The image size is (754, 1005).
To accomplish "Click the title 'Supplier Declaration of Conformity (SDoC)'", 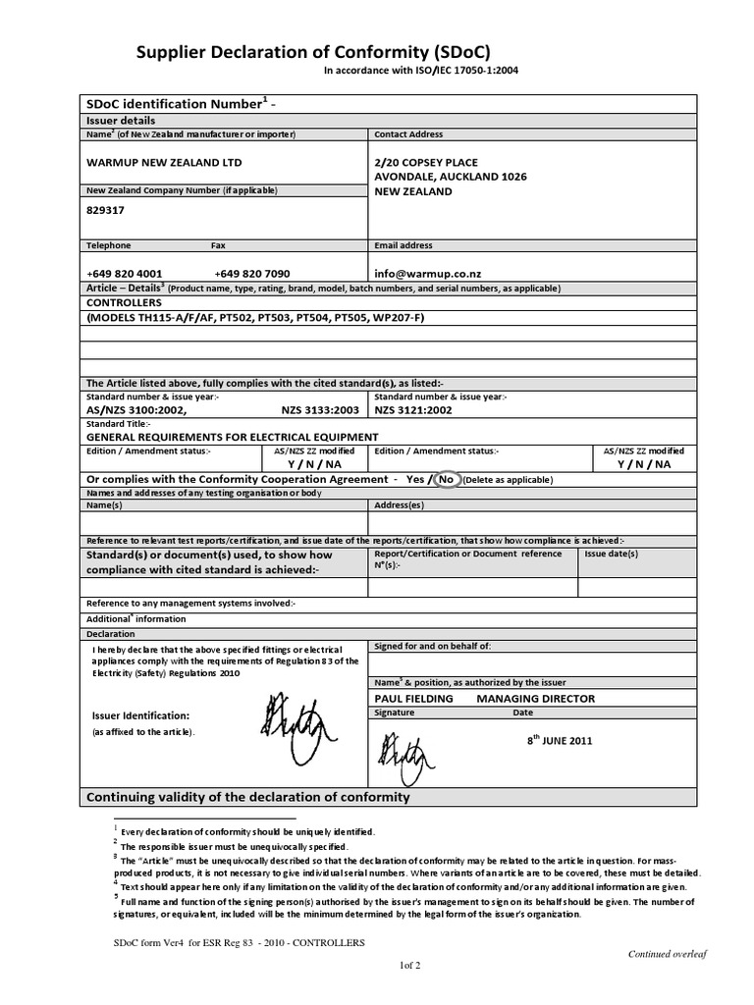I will click(310, 52).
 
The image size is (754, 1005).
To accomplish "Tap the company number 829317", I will click(106, 209).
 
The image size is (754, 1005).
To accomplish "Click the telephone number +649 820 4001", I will click(125, 274).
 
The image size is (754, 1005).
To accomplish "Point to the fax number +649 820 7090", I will click(251, 274).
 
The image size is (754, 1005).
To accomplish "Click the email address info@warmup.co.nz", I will click(427, 274).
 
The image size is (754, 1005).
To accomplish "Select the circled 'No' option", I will click(447, 479).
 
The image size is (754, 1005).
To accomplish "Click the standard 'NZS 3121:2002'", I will click(413, 410).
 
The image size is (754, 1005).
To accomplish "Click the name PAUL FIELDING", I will click(414, 699).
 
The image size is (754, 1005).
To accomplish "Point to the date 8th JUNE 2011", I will click(560, 742).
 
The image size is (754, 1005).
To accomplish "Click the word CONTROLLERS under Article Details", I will click(125, 303).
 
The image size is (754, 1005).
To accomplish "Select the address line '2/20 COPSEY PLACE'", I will click(428, 162).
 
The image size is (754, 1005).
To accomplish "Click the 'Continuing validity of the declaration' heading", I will click(248, 797).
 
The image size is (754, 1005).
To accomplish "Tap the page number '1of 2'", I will click(409, 966).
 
